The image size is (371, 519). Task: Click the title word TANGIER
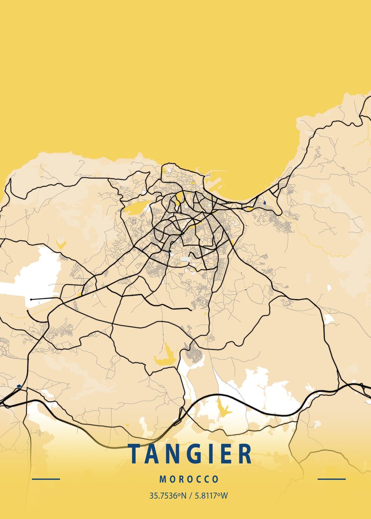click(190, 454)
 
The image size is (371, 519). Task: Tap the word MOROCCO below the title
click(189, 479)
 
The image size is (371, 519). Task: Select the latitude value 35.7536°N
click(168, 496)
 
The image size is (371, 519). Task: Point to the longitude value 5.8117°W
click(211, 496)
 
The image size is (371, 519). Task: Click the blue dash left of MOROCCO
click(46, 479)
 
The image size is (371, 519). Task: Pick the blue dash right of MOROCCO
click(332, 479)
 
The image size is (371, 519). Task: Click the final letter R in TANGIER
click(245, 454)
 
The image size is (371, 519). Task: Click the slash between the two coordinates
click(190, 496)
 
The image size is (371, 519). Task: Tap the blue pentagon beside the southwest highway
click(19, 386)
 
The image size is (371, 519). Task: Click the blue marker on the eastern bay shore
click(264, 202)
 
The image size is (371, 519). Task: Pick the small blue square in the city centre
click(171, 251)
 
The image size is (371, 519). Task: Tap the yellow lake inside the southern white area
click(223, 409)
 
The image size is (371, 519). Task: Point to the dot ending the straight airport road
click(31, 299)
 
